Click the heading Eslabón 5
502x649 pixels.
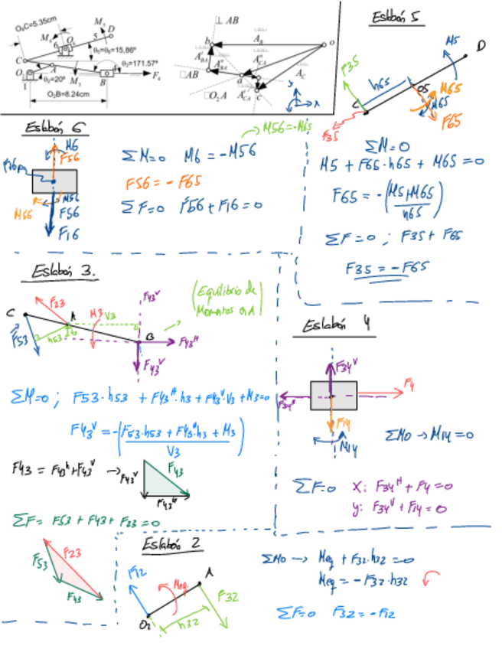click(x=397, y=18)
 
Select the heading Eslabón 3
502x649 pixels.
click(x=67, y=272)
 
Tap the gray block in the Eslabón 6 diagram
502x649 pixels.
click(x=54, y=181)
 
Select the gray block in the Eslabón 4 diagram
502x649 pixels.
click(x=334, y=394)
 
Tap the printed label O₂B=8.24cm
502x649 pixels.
click(x=68, y=93)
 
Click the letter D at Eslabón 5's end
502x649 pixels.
click(x=481, y=46)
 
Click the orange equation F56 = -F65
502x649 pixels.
click(x=159, y=184)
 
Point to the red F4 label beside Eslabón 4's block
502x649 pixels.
click(x=410, y=381)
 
